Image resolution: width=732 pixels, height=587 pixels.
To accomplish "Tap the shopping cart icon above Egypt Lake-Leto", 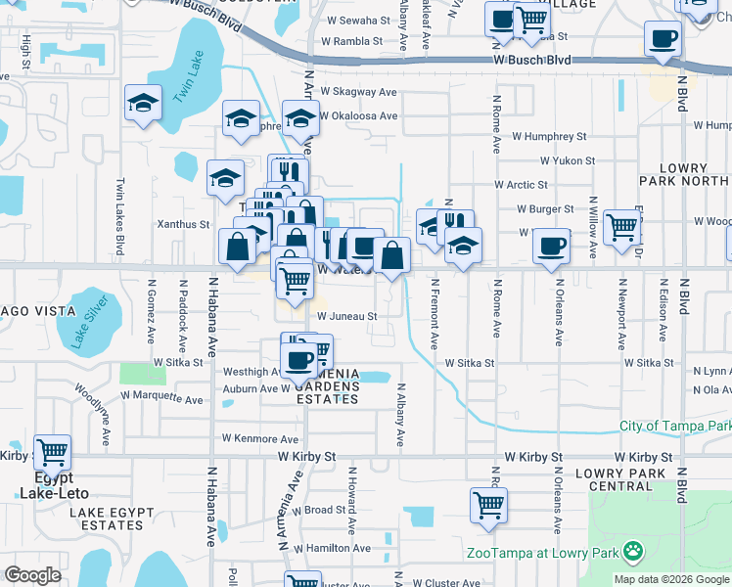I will tap(52, 453).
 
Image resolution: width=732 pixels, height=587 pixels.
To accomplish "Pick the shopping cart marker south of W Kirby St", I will tap(487, 506).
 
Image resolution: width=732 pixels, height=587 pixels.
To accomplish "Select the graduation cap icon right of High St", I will tap(143, 104).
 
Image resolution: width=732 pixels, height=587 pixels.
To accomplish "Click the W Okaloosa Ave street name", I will tap(356, 115).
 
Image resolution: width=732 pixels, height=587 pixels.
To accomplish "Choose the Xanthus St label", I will tap(185, 224).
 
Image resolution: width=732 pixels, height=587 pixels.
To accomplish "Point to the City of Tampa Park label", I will tap(674, 427).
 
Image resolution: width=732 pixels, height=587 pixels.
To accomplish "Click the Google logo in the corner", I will tap(33, 574).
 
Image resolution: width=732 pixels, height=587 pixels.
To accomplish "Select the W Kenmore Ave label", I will tap(259, 439).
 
